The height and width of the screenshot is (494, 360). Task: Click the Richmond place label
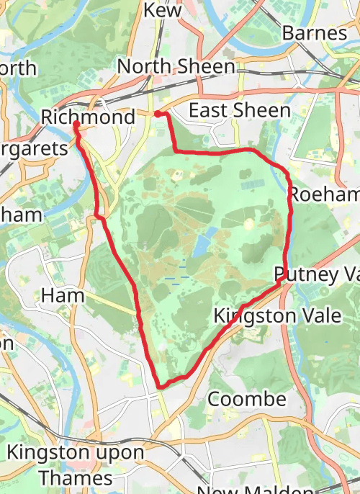tap(88, 117)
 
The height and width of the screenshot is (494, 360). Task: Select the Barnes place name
tap(314, 33)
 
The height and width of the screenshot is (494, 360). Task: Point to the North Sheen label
tap(176, 67)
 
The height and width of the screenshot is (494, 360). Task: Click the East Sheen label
tap(239, 110)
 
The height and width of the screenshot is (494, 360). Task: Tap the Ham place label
tap(63, 295)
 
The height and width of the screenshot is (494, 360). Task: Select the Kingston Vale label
tap(265, 315)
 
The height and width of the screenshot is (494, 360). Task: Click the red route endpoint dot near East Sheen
tap(158, 113)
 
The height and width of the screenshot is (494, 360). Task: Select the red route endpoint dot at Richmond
tap(76, 125)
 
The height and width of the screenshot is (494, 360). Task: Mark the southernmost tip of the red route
tap(161, 386)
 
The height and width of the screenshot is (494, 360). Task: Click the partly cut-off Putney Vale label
tap(316, 274)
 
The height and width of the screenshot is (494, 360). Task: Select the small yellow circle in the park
tap(249, 224)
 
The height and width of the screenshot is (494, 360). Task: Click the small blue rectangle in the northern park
tap(251, 184)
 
